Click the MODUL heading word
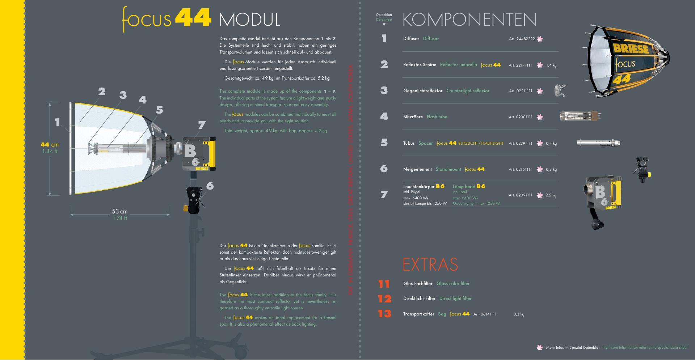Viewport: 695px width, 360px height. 250,20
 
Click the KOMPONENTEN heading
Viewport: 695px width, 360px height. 469,20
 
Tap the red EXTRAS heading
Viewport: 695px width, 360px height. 430,264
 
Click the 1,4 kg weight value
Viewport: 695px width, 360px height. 551,65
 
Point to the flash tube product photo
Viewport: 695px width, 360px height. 580,116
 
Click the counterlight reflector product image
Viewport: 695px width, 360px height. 560,90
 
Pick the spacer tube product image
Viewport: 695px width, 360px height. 598,143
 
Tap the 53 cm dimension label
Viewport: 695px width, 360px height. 119,211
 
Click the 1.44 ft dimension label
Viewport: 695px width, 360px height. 50,151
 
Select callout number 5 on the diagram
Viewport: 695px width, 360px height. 160,110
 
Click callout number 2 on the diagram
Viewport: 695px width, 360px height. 102,92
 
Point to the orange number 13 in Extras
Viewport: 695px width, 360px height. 384,313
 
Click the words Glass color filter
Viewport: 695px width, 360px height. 453,284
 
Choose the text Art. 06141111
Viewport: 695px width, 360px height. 485,314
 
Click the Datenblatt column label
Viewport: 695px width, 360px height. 384,15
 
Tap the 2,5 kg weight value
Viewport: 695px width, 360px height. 551,195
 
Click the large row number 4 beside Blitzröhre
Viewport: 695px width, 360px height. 384,117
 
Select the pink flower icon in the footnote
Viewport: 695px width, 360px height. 539,348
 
